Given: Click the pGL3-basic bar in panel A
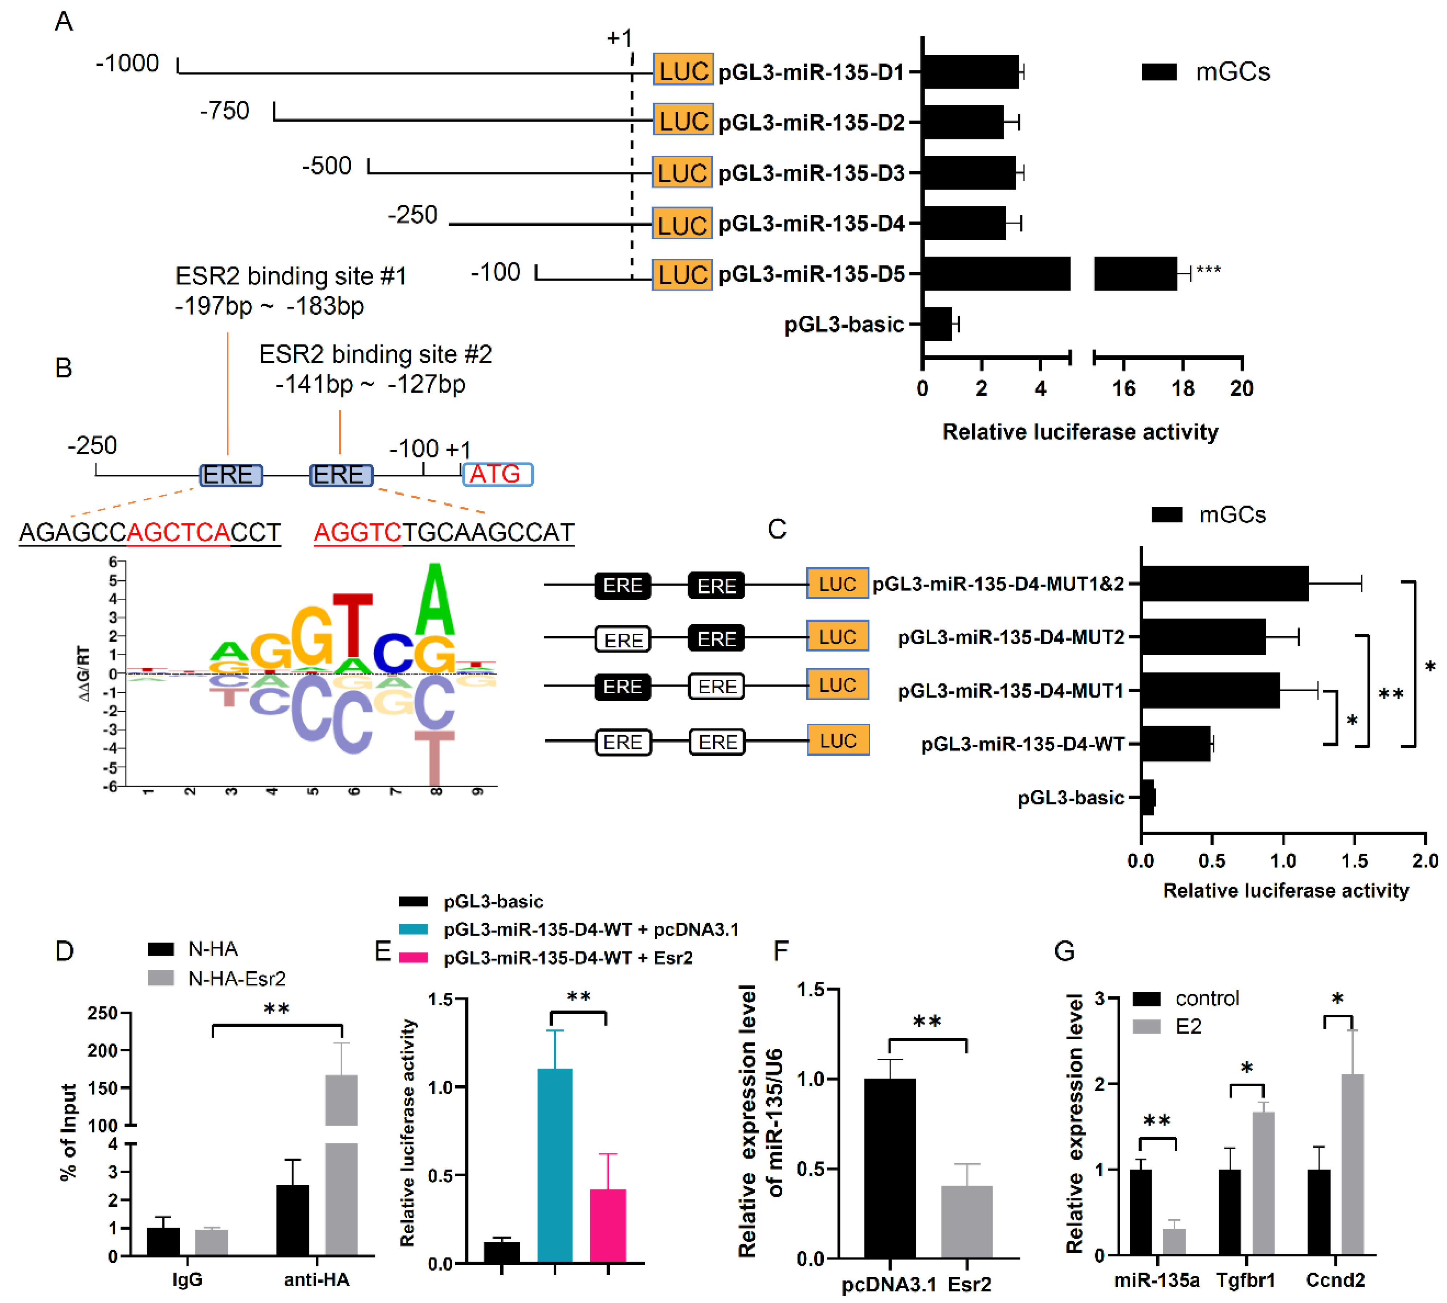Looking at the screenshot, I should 937,324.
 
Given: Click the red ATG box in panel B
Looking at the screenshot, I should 497,474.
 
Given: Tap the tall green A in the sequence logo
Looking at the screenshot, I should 435,601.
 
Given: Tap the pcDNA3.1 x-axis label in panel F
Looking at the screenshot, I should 888,1284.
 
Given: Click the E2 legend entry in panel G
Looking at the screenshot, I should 1188,1026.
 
